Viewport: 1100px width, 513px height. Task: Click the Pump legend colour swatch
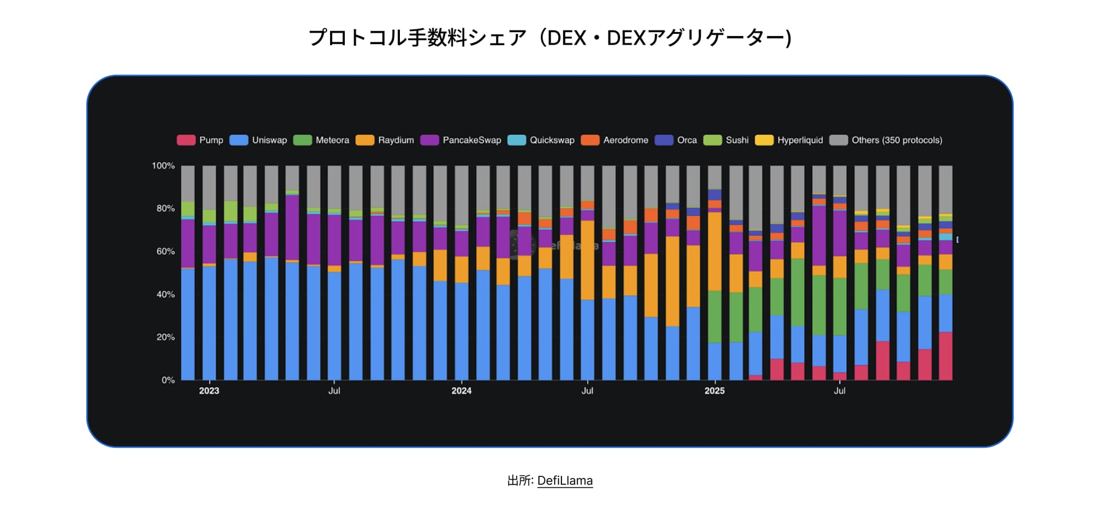[186, 140]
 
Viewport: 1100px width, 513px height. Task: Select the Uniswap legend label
[269, 140]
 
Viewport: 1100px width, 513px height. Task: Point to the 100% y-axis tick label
[163, 166]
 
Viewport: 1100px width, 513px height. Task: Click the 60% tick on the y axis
[166, 252]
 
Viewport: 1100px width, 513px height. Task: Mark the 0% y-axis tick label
[168, 380]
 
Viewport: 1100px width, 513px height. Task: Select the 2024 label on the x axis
[461, 391]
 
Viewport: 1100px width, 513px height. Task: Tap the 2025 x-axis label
[714, 391]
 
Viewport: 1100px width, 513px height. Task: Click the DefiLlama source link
[564, 481]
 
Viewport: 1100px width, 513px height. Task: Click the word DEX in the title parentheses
[567, 38]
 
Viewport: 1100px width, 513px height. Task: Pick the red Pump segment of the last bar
[945, 356]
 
